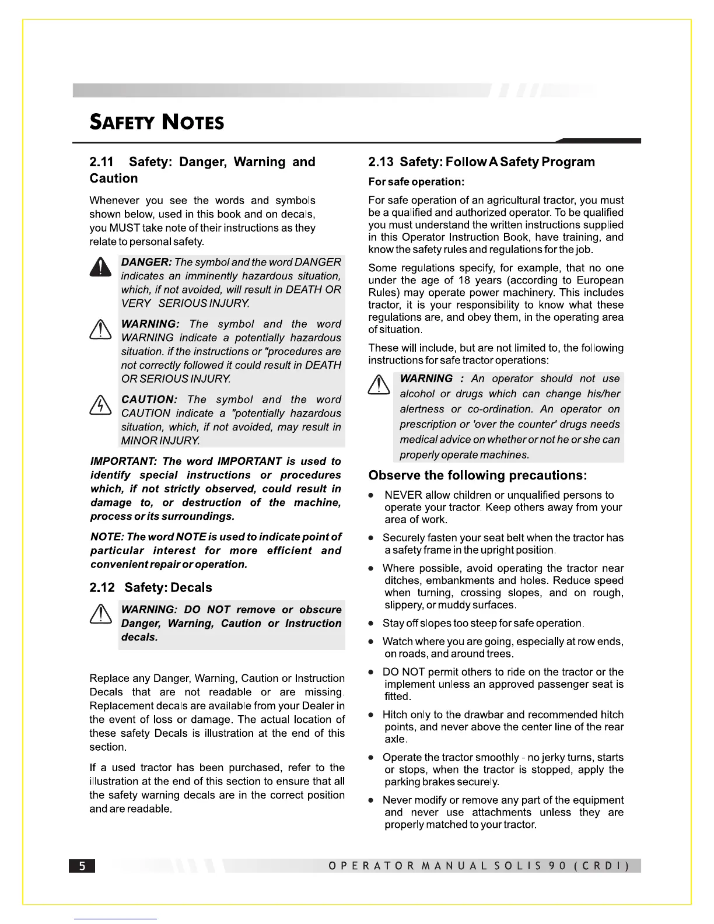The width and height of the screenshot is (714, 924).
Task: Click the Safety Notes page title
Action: [156, 122]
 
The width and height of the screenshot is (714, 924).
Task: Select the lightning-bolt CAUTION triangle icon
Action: [100, 404]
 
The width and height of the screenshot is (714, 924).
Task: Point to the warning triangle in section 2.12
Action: [100, 614]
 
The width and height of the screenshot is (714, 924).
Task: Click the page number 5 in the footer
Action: [82, 866]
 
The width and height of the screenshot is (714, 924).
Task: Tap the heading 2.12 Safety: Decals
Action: [150, 587]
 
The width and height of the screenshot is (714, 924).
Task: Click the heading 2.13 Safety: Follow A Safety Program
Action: [481, 162]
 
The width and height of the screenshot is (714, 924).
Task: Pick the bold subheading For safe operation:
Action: [416, 182]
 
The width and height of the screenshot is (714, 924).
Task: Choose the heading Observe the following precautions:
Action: [477, 475]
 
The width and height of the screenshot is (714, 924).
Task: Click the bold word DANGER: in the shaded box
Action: [146, 262]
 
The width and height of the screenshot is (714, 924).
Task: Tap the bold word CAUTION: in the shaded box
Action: [149, 400]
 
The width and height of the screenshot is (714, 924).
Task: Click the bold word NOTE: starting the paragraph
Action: [107, 537]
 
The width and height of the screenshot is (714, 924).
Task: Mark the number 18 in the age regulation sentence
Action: [464, 281]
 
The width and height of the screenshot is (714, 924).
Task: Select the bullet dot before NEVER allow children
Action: [371, 495]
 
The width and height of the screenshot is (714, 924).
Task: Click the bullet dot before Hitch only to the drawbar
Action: [371, 715]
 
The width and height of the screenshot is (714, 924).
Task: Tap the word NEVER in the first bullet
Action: [402, 495]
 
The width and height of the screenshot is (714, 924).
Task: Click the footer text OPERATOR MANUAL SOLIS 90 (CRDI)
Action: [479, 866]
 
